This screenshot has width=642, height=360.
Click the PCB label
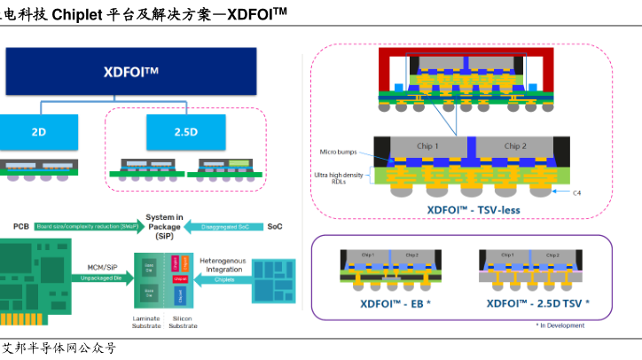point(21,226)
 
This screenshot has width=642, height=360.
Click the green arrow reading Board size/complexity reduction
point(86,226)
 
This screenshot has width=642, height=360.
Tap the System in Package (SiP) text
point(165,226)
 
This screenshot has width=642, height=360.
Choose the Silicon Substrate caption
point(184,322)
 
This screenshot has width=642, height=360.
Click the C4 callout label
point(575,192)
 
